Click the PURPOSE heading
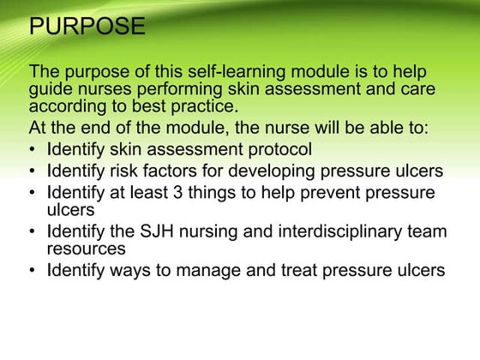coord(87,27)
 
